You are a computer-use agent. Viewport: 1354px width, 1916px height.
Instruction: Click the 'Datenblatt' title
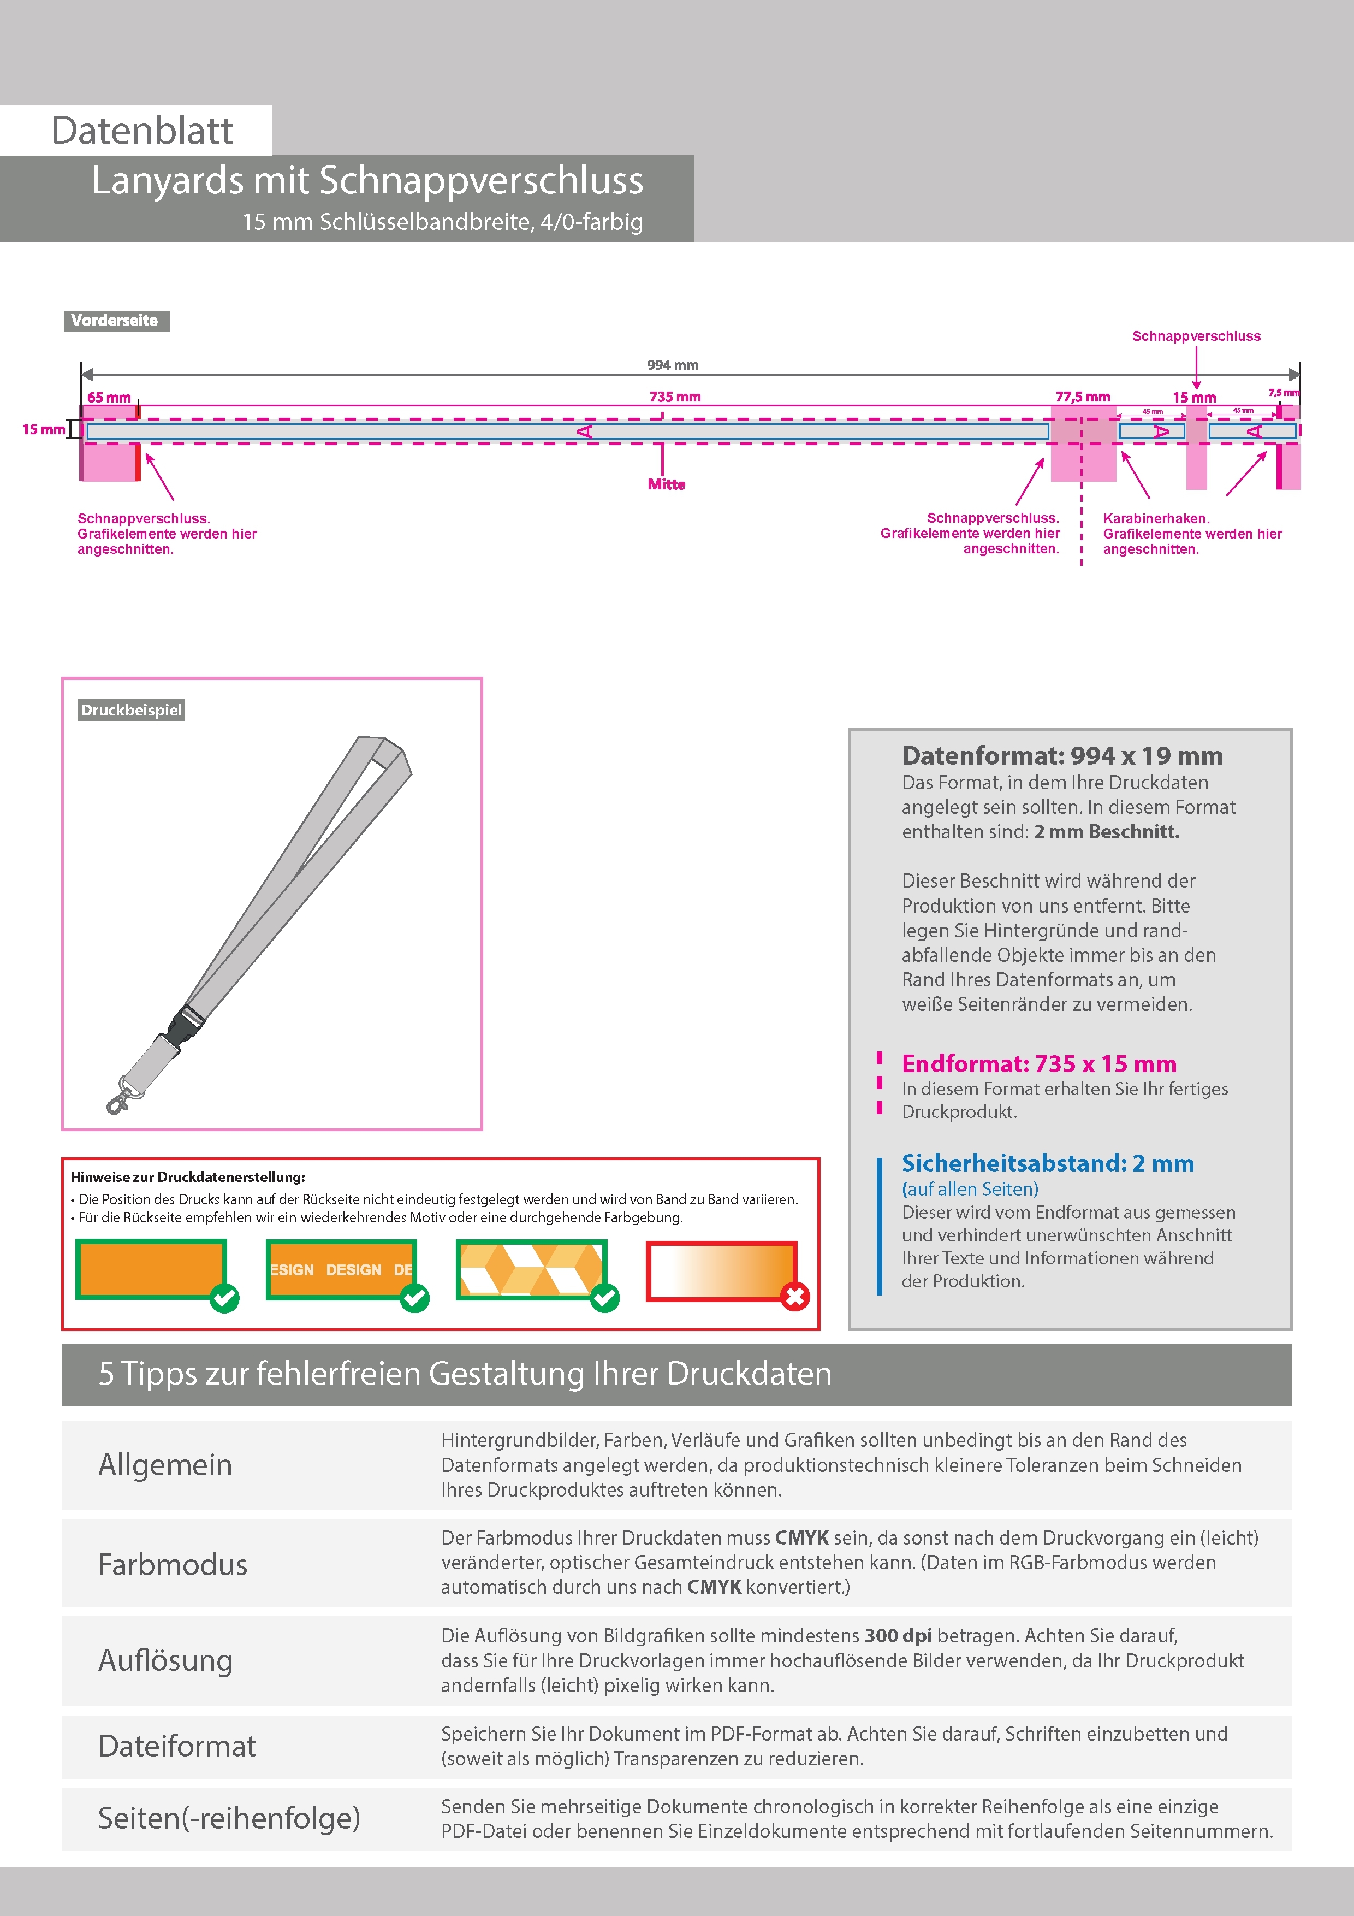click(x=142, y=131)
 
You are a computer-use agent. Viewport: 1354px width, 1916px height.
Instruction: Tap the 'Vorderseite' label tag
click(x=115, y=321)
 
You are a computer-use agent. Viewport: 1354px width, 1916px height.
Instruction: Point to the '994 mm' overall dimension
click(x=673, y=365)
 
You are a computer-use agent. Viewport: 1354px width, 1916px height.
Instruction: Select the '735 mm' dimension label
click(x=675, y=397)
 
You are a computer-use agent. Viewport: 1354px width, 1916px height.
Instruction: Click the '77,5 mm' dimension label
click(x=1082, y=397)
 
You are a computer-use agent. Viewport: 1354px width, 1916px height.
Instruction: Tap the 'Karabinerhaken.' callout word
click(x=1155, y=518)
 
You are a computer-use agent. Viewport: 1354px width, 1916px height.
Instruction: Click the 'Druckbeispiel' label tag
click(x=131, y=710)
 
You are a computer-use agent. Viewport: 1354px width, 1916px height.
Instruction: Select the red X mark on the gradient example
click(x=795, y=1297)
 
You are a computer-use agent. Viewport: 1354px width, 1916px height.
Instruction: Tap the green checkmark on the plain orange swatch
click(x=224, y=1298)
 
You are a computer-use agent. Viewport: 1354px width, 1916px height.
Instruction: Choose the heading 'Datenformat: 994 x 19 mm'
click(x=1062, y=756)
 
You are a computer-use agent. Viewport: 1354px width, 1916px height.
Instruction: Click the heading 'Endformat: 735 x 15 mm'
click(x=1038, y=1064)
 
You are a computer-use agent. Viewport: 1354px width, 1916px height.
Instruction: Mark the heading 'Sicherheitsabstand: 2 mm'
click(x=1047, y=1163)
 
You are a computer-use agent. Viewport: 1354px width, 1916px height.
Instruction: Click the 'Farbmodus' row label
click(x=173, y=1565)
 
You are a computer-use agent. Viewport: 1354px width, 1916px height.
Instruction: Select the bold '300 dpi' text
click(x=898, y=1636)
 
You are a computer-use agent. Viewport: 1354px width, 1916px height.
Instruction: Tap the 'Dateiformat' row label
click(x=177, y=1746)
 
